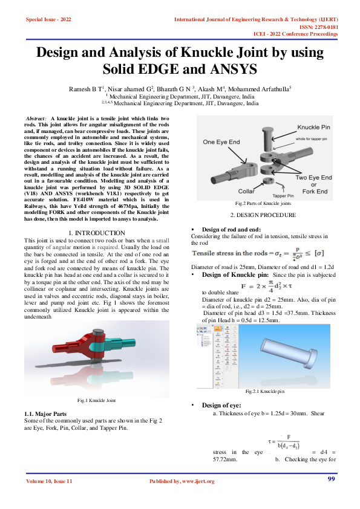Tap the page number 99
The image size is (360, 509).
331,479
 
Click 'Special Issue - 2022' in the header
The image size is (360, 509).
48,20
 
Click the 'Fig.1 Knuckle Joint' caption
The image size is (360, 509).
97,401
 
